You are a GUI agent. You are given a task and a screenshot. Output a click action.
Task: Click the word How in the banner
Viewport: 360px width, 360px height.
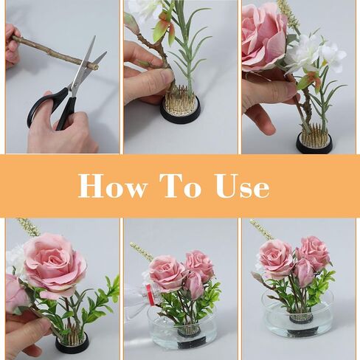111,186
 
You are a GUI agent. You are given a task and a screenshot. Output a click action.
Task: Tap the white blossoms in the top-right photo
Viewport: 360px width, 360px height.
317,55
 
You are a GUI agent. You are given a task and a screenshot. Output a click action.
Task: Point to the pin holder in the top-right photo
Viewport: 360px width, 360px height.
314,140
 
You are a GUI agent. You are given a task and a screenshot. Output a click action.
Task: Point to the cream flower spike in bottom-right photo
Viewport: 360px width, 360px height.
260,229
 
